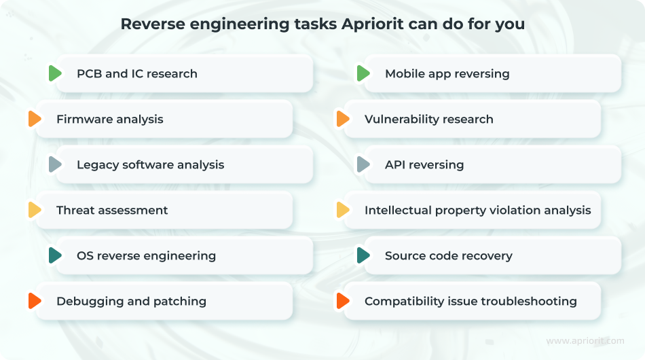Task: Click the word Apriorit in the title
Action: pos(373,24)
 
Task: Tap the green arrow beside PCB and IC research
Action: pos(55,73)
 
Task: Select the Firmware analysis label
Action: pos(110,120)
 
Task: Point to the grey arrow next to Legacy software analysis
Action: pos(55,164)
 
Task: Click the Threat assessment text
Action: pos(112,211)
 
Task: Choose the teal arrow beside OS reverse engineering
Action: pos(55,255)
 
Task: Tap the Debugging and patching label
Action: pos(131,302)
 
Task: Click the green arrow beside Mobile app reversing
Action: pos(363,73)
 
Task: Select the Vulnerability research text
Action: pos(428,120)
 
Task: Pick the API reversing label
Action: pos(424,165)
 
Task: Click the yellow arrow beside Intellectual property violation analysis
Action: pos(343,210)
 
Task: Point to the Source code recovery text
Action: pos(448,256)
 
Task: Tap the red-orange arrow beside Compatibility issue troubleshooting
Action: pos(343,301)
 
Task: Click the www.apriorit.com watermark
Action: pos(585,341)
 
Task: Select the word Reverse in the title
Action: pos(153,24)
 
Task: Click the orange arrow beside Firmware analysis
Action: pos(35,119)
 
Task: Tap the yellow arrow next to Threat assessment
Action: pos(35,210)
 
